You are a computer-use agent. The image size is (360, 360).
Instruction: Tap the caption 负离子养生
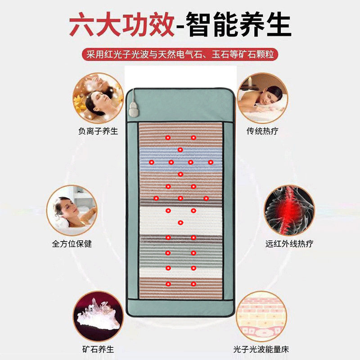click(x=97, y=131)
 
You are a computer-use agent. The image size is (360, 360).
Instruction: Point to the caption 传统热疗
click(x=262, y=131)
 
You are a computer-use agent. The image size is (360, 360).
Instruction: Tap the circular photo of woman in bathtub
click(x=72, y=210)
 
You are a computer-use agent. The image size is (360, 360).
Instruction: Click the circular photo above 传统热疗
click(x=262, y=98)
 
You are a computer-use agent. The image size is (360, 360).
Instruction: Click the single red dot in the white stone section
click(x=180, y=222)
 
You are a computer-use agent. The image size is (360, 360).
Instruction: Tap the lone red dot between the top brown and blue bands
click(x=180, y=149)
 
